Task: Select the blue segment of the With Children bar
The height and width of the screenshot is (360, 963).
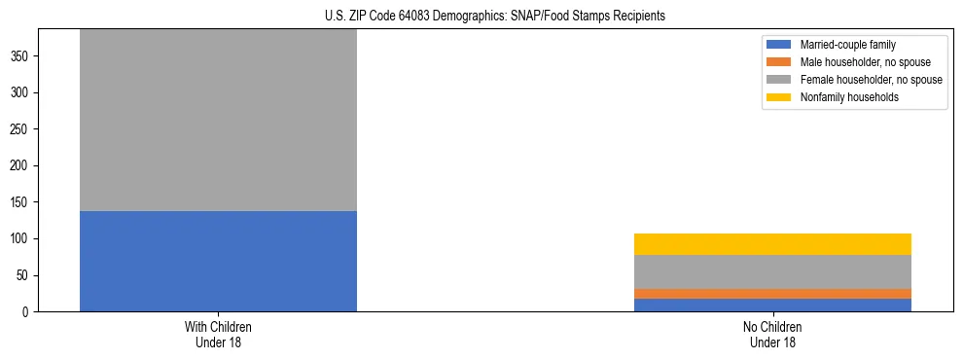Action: pyautogui.click(x=218, y=261)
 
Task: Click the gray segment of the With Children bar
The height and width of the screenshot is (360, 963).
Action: pyautogui.click(x=218, y=121)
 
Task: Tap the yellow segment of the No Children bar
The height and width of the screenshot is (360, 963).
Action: pyautogui.click(x=772, y=244)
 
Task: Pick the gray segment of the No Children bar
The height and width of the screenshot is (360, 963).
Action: pyautogui.click(x=772, y=271)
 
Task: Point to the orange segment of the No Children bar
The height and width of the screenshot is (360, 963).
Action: pyautogui.click(x=772, y=294)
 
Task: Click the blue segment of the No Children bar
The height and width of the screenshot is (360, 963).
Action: pyautogui.click(x=772, y=305)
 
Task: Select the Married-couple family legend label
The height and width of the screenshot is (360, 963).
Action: pyautogui.click(x=847, y=45)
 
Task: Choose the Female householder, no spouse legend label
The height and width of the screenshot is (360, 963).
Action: pyautogui.click(x=871, y=80)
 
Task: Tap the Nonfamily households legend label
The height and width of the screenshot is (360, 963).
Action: pyautogui.click(x=849, y=97)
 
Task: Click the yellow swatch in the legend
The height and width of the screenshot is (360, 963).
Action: pyautogui.click(x=780, y=97)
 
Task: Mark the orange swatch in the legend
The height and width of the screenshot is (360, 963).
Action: pyautogui.click(x=780, y=62)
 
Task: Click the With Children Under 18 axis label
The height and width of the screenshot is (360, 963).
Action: pyautogui.click(x=218, y=335)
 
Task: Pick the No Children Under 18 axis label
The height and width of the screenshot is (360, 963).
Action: pyautogui.click(x=772, y=335)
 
